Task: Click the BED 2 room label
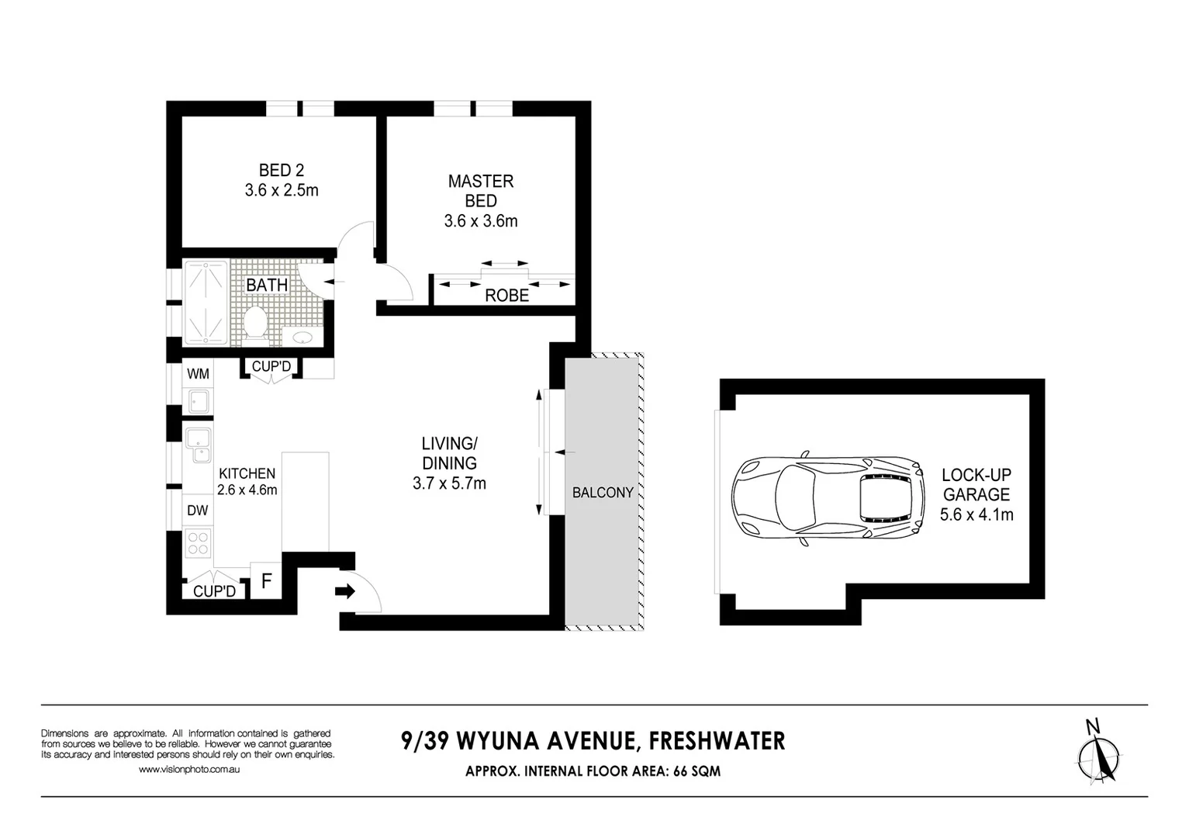coord(281,171)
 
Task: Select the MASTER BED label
coord(481,191)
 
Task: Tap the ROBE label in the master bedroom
coord(506,296)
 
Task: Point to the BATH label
coord(267,286)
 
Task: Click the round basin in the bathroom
coord(302,338)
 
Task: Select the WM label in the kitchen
coord(198,374)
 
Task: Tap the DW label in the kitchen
coord(198,511)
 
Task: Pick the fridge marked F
coord(266,581)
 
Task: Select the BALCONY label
coord(603,493)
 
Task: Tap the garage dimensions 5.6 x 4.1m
coord(976,514)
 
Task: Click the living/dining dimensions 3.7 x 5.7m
coord(449,483)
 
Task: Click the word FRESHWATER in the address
coord(717,742)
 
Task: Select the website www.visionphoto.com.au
coord(189,770)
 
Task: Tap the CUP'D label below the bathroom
coord(271,367)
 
